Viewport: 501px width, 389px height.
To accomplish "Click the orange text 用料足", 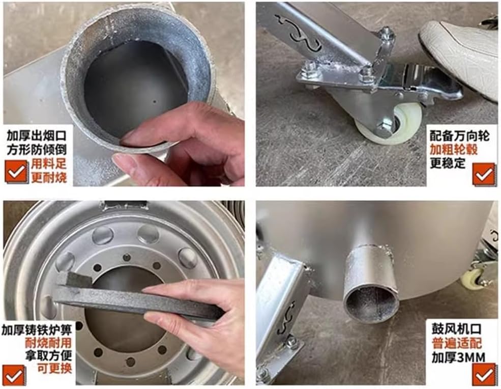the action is pyautogui.click(x=49, y=164).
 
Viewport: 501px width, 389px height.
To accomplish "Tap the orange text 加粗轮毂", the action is pyautogui.click(x=453, y=149).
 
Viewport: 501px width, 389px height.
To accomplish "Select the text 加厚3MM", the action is pyautogui.click(x=458, y=357).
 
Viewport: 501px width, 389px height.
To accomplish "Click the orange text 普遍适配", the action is pyautogui.click(x=457, y=343).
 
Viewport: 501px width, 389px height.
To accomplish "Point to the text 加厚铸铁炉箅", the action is pyautogui.click(x=37, y=329).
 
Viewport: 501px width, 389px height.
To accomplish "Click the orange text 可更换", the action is pyautogui.click(x=54, y=368).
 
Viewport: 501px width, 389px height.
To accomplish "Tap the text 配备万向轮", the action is pyautogui.click(x=459, y=136).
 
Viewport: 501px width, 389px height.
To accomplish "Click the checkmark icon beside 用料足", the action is pyautogui.click(x=17, y=172).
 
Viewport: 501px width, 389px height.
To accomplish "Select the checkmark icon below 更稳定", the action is pyautogui.click(x=484, y=174).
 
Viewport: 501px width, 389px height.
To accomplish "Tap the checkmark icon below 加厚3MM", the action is pyautogui.click(x=484, y=375).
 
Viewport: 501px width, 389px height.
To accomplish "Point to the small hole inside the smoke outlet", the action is pyautogui.click(x=155, y=102).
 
